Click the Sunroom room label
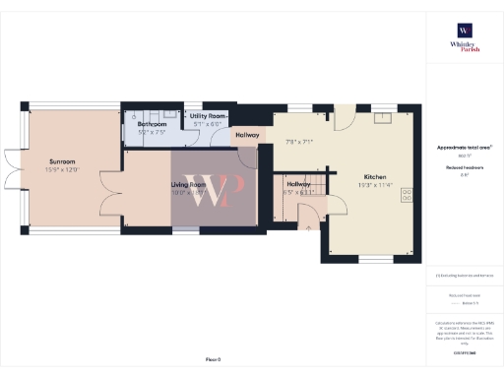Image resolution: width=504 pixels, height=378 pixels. click(63, 160)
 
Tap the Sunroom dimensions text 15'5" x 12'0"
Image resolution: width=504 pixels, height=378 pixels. click(63, 169)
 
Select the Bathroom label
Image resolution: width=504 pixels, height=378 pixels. click(151, 124)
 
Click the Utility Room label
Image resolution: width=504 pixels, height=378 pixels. click(208, 116)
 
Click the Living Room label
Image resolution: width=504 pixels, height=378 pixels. click(189, 184)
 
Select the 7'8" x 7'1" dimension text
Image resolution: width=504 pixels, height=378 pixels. click(297, 142)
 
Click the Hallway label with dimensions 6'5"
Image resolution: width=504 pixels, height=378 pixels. click(299, 184)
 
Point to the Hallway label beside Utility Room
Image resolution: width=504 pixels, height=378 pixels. click(247, 135)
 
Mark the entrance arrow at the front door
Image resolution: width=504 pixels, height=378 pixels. click(308, 227)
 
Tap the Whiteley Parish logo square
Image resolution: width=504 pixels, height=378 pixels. click(464, 30)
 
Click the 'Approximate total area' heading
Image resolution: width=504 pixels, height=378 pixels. click(464, 148)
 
